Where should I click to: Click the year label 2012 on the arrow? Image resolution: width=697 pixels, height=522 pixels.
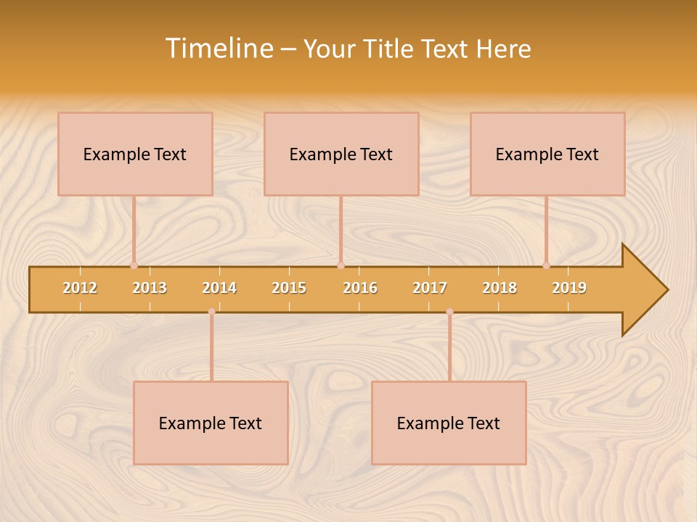(x=80, y=288)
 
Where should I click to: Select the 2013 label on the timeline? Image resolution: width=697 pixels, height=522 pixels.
(x=150, y=288)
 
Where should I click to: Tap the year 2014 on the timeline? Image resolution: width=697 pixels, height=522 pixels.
(x=219, y=288)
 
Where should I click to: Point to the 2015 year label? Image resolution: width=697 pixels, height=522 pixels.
(x=289, y=288)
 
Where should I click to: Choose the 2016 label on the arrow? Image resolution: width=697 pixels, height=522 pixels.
(x=360, y=288)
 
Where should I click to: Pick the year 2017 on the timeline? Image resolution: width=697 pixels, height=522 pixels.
(x=430, y=288)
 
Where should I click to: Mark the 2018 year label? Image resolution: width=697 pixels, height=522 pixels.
(x=500, y=288)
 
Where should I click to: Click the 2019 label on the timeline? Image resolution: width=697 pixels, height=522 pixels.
(x=569, y=288)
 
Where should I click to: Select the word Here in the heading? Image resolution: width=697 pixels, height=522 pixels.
(x=504, y=49)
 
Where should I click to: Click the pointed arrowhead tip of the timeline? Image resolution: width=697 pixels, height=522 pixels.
(x=666, y=290)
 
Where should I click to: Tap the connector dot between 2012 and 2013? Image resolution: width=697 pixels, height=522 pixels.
(x=134, y=265)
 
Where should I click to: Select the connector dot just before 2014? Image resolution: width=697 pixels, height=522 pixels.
(x=211, y=312)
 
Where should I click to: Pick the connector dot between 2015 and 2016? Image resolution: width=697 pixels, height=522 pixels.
(x=341, y=265)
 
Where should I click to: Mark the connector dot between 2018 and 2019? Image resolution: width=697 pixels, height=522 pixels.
(x=546, y=265)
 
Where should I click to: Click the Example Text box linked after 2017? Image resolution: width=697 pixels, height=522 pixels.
(x=449, y=423)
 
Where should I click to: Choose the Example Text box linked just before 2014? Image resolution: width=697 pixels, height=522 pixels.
(x=211, y=423)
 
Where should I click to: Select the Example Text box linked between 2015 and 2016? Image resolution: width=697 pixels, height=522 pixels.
(x=341, y=154)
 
